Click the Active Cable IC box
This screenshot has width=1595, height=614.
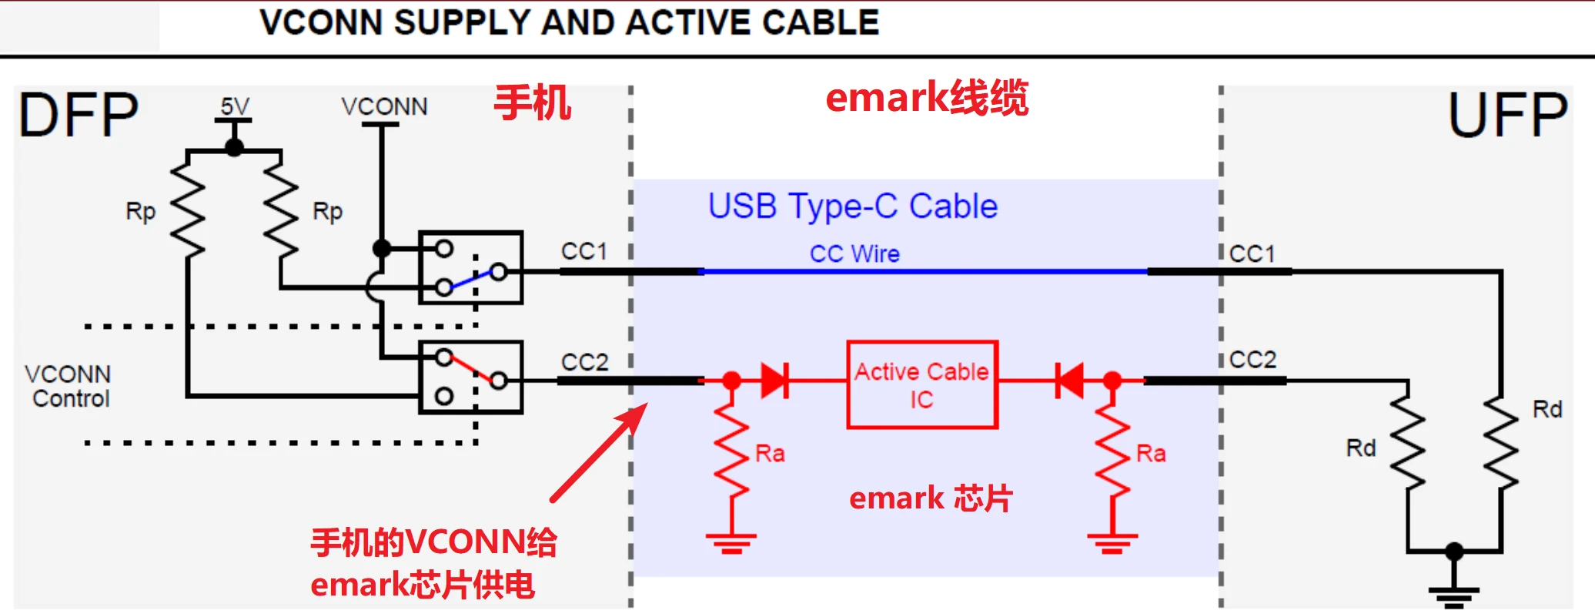922,384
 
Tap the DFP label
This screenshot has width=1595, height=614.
79,116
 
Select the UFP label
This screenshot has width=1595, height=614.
1507,116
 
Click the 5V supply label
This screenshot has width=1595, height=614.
235,106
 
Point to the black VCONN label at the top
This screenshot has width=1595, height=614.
384,106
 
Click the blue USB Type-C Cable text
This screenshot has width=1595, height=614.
852,206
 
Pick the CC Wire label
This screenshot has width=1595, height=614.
854,253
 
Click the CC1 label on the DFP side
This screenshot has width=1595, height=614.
584,251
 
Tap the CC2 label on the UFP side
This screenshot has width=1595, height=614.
1252,359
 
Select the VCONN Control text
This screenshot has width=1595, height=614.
69,386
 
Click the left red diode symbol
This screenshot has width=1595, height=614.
774,381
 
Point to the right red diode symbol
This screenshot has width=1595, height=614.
1070,381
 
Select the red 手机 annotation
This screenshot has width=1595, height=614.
532,102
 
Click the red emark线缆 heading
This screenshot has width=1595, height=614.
927,98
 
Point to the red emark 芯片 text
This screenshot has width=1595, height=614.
930,498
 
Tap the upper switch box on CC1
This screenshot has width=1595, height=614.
470,267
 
